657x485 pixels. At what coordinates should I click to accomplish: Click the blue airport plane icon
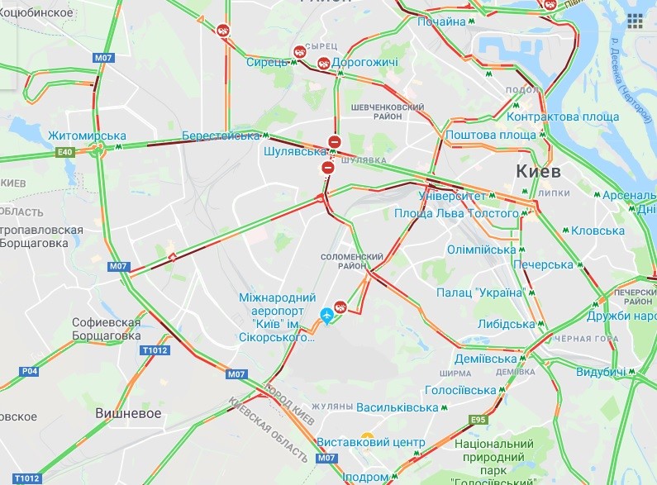[x=327, y=315]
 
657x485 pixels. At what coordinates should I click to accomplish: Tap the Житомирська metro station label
[x=87, y=136]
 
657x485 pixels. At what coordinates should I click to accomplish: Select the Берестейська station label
[x=221, y=136]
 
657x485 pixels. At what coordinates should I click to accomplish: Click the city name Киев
[x=537, y=172]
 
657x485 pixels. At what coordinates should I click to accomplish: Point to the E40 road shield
[x=66, y=152]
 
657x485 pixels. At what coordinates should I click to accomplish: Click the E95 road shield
[x=478, y=421]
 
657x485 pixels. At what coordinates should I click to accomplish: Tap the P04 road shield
[x=30, y=371]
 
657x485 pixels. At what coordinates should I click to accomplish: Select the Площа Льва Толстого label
[x=456, y=213]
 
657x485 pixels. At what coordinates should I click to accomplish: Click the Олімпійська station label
[x=481, y=250]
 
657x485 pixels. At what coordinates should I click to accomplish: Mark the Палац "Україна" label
[x=481, y=292]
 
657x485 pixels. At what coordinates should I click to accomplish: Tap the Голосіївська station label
[x=459, y=390]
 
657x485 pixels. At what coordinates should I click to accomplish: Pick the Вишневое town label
[x=128, y=413]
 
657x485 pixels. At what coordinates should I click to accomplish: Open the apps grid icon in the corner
[x=636, y=21]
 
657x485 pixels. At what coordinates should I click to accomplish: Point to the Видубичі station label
[x=600, y=373]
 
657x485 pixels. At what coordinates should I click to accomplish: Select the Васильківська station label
[x=398, y=407]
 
